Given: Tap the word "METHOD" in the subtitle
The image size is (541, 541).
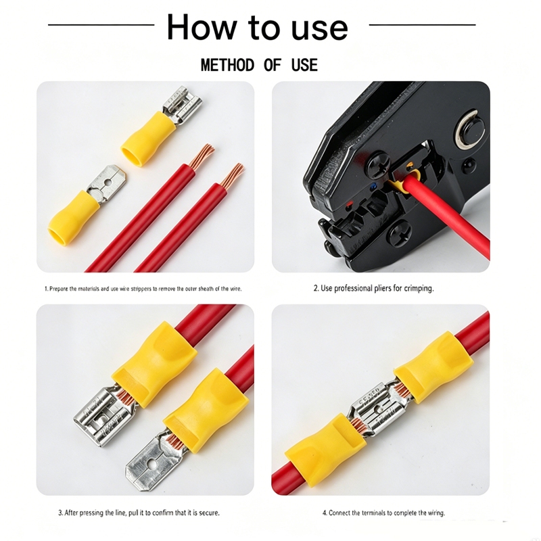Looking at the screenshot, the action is tap(228, 65).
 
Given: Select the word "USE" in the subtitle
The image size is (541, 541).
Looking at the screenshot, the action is tap(304, 65).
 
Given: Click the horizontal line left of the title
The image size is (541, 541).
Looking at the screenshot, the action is tap(101, 24).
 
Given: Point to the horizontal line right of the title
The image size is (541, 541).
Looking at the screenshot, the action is tap(422, 24).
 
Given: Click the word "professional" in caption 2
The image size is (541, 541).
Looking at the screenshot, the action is tap(353, 288).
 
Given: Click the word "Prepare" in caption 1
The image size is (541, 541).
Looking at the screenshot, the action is tap(59, 289).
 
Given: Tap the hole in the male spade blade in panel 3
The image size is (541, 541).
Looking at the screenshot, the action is tap(151, 464).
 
